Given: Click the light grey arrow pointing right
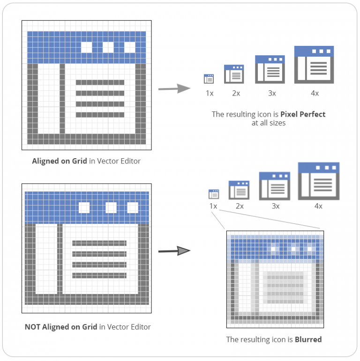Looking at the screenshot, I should point(173,88).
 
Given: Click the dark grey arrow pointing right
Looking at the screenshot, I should point(174,251).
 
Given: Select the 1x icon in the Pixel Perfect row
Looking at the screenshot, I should point(209,79).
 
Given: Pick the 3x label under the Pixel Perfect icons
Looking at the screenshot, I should point(272,93).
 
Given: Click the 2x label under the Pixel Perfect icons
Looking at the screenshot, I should point(236,93).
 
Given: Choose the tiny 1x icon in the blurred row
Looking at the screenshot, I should point(214,194).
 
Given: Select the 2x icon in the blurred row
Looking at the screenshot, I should point(239,190).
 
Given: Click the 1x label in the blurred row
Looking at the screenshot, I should point(213,206).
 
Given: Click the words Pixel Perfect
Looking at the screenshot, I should point(302,114).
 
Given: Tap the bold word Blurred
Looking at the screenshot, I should point(308,339).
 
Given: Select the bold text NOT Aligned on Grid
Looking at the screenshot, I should point(61,327).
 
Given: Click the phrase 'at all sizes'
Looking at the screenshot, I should point(269,123).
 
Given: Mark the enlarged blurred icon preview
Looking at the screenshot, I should point(275,277).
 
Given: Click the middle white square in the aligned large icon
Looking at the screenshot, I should point(108,47).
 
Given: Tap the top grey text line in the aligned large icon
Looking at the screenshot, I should point(100,82).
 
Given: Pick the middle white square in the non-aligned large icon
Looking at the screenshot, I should point(111,207).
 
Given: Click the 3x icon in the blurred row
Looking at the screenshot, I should point(275,185).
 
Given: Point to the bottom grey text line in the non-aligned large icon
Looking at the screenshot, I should point(99,275).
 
